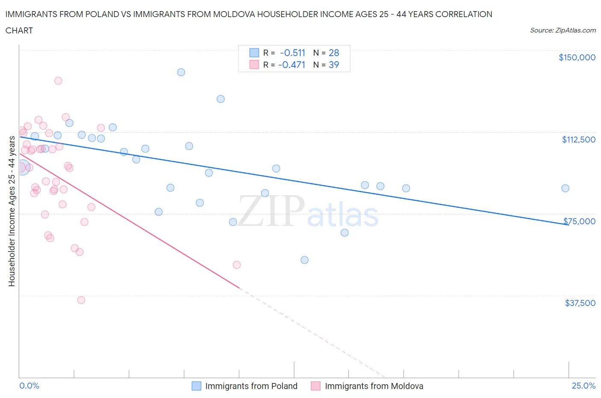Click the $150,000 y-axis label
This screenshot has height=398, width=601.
tap(577, 57)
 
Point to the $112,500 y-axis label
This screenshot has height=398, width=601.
tap(578, 140)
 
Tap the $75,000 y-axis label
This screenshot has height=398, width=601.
tap(579, 221)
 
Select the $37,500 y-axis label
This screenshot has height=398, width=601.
tap(580, 303)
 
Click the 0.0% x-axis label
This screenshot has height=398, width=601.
tap(29, 386)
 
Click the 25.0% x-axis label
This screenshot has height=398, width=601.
tap(583, 386)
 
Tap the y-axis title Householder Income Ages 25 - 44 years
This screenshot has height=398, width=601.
tap(12, 211)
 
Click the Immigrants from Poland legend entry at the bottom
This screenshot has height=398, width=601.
tap(251, 386)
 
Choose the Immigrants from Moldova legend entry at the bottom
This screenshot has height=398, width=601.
tap(374, 386)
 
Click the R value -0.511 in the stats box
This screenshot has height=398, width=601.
tap(292, 53)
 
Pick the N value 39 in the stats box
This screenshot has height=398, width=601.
tap(333, 65)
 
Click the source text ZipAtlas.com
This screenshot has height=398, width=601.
tap(575, 30)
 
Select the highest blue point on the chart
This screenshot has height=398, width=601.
tap(181, 72)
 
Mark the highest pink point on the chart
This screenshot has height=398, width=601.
tap(58, 80)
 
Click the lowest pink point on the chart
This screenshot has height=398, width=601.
tap(81, 300)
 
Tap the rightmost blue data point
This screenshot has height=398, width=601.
tap(565, 188)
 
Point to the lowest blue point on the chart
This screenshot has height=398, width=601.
tap(304, 260)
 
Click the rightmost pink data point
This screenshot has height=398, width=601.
tap(236, 264)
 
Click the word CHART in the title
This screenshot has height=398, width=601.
tap(19, 30)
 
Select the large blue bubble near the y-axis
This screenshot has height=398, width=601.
tap(22, 167)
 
